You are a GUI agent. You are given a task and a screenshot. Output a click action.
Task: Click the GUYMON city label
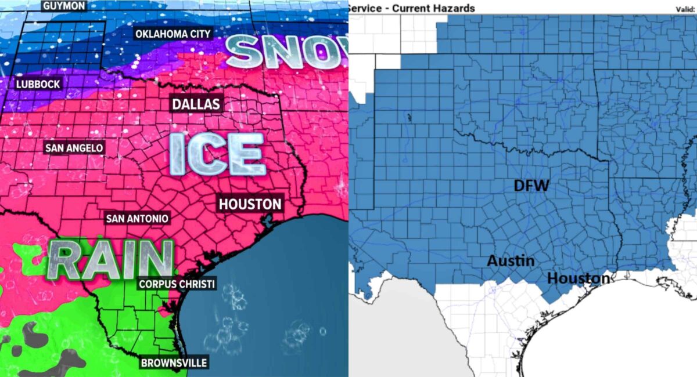click(x=64, y=6)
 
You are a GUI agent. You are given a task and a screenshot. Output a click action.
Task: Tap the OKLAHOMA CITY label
click(x=173, y=34)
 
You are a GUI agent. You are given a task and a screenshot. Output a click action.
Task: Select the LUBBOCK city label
click(x=38, y=84)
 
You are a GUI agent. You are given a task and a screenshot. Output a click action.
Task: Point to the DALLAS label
click(x=196, y=104)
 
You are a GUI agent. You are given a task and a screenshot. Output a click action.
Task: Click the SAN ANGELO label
click(x=74, y=148)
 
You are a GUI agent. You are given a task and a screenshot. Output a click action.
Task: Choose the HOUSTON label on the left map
click(x=250, y=204)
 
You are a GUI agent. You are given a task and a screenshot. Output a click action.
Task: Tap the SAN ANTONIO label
click(x=137, y=219)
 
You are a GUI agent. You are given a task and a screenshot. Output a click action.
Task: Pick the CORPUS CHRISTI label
click(x=177, y=284)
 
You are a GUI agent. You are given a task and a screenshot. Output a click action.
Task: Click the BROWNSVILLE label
click(x=173, y=363)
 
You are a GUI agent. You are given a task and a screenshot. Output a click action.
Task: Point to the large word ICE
click(x=217, y=154)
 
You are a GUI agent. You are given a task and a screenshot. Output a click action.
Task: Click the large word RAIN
click(x=110, y=259)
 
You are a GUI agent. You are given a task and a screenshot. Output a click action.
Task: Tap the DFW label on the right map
click(x=531, y=186)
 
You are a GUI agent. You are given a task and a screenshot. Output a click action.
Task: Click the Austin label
click(x=511, y=261)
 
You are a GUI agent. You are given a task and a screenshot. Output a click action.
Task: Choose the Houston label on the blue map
click(x=579, y=278)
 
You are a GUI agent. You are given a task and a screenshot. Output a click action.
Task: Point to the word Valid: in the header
click(x=685, y=9)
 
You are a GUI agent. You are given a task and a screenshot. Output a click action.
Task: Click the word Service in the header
click(x=365, y=8)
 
